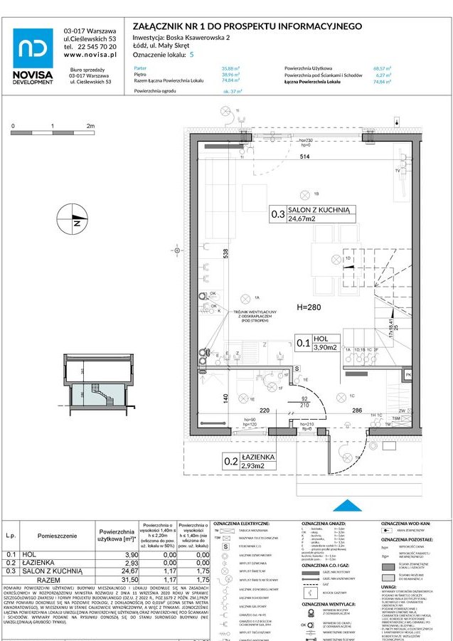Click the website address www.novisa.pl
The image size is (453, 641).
[x=90, y=55]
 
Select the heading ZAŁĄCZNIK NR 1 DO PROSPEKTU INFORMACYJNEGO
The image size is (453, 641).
[x=247, y=26]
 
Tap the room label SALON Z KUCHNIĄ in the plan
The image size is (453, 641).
[x=319, y=211]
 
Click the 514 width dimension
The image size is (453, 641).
[x=305, y=157]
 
